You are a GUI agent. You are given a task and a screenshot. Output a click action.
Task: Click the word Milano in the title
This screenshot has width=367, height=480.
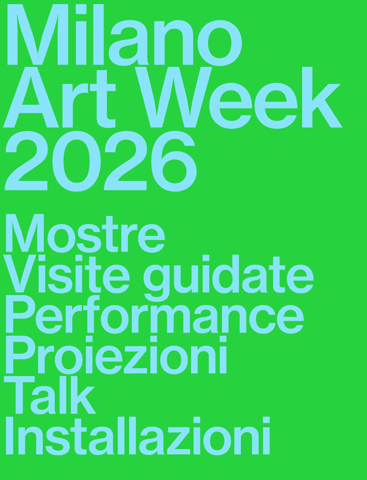[x=124, y=35]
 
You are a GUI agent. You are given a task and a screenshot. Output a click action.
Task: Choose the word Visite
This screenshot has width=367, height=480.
[x=66, y=274]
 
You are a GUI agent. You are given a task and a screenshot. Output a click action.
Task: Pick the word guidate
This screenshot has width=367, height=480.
[x=228, y=275]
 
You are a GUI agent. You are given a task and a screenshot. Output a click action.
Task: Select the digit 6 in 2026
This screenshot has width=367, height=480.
[x=174, y=162]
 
